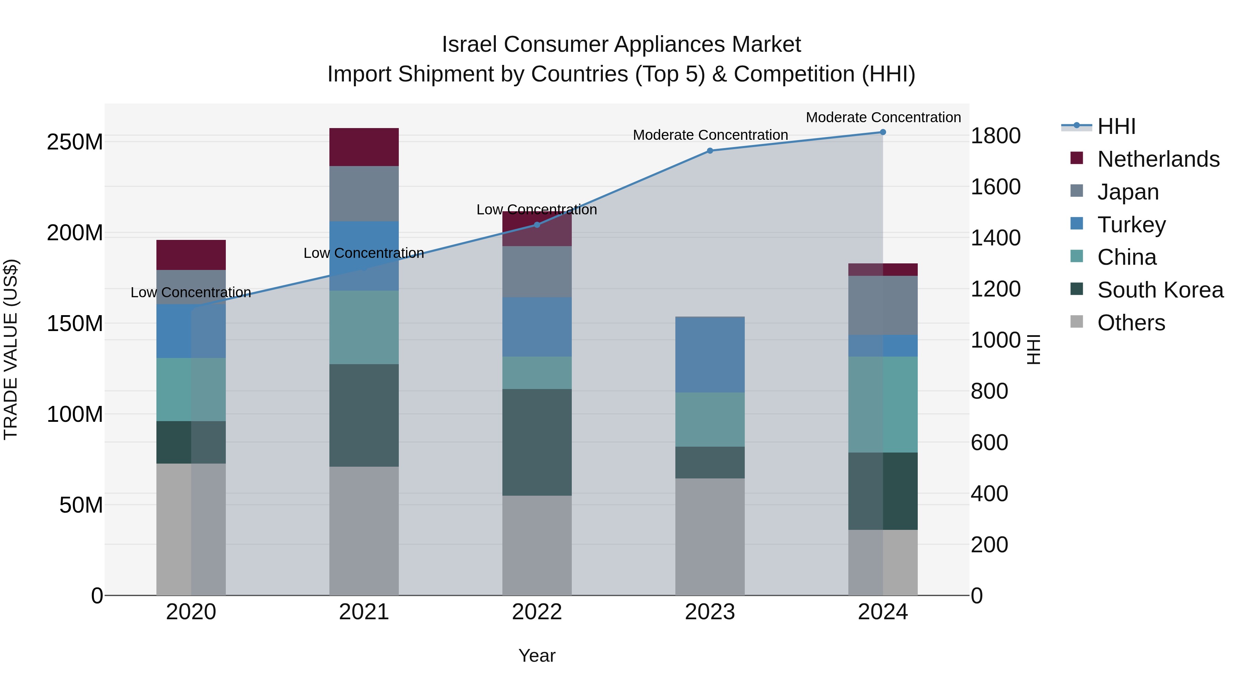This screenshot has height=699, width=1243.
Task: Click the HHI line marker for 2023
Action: (710, 151)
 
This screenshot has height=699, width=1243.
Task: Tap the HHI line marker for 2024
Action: (883, 132)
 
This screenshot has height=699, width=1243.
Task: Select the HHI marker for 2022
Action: (537, 225)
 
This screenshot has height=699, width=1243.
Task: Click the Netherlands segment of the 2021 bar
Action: (364, 147)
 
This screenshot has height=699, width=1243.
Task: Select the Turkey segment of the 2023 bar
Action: (710, 355)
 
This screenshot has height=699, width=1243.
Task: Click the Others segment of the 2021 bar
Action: (364, 531)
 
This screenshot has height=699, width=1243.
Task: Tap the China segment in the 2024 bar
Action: (883, 404)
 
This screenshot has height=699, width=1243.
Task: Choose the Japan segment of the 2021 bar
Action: (364, 193)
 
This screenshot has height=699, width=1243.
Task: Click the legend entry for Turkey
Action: (1131, 225)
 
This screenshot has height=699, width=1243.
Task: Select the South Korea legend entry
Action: (1160, 290)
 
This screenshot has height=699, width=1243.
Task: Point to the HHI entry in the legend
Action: (1116, 126)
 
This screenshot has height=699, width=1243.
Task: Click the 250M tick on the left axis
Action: (75, 142)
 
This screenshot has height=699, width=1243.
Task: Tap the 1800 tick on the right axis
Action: (995, 136)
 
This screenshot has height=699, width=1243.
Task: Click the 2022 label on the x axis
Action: (537, 612)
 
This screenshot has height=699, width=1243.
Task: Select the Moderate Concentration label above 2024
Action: (883, 117)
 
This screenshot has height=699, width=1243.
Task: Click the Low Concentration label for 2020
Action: (191, 292)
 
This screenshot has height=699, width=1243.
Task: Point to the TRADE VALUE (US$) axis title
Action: (11, 349)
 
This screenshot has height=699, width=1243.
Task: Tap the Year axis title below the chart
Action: (537, 656)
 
